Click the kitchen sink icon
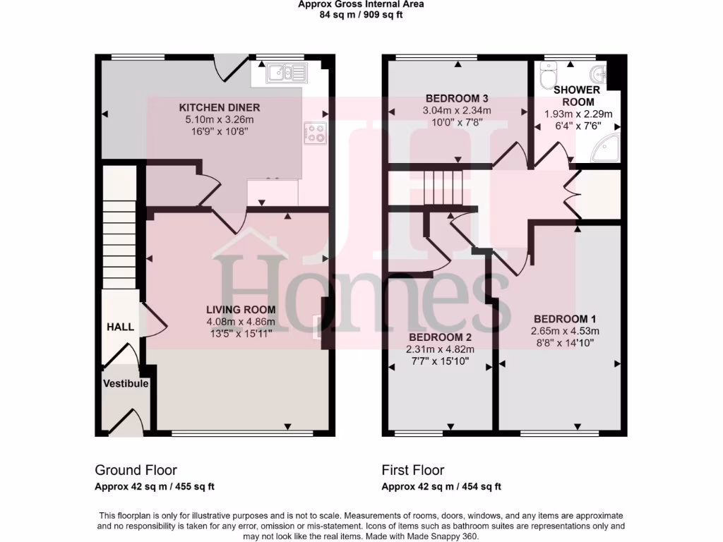(x=286, y=71)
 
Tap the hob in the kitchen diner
(x=316, y=133)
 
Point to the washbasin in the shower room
(x=600, y=72)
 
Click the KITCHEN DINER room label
(x=220, y=107)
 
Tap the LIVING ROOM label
(x=241, y=309)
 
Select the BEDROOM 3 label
(x=457, y=98)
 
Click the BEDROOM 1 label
(x=565, y=318)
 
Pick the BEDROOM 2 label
(x=438, y=337)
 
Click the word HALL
(x=120, y=327)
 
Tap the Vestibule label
(x=126, y=384)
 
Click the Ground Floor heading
(x=136, y=470)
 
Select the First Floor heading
(x=413, y=470)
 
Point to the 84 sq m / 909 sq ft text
(x=361, y=13)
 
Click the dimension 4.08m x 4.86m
(x=241, y=322)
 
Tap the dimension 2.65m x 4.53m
(x=565, y=331)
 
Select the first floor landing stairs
(x=442, y=186)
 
